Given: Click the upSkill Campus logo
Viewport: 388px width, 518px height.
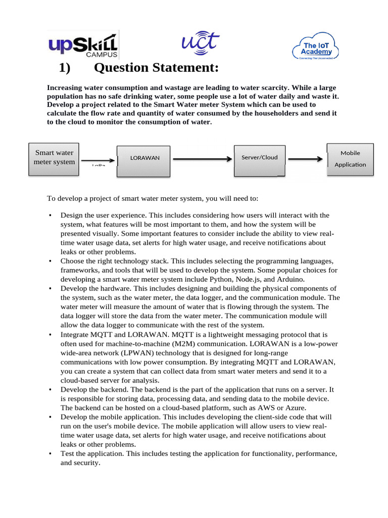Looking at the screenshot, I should (x=83, y=46).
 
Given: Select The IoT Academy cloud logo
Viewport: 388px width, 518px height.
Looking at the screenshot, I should (x=316, y=48).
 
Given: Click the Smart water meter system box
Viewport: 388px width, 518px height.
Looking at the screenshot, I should (x=54, y=157).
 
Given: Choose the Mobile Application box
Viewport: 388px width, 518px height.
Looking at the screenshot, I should (x=350, y=158).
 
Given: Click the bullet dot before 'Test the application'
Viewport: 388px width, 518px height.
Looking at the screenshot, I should (x=50, y=454).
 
